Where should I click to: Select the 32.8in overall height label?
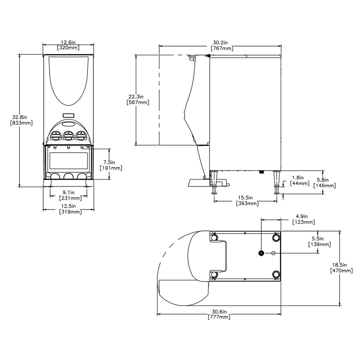coord(22,117)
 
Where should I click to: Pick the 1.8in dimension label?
coord(297,178)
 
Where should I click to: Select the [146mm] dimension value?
coord(325,186)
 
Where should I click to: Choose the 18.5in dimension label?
coord(341,265)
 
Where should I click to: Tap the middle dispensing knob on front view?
coord(68,135)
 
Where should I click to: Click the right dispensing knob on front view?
coord(81,135)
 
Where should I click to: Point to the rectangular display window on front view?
coord(68,161)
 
